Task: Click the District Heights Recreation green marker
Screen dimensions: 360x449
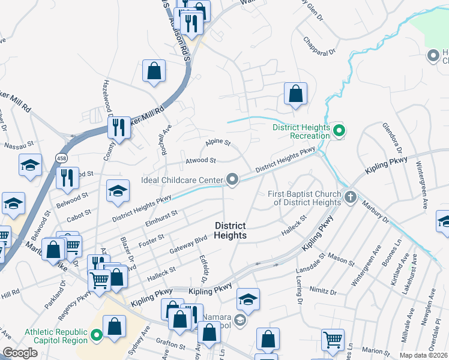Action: tap(339, 130)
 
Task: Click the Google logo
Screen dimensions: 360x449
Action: tap(20, 353)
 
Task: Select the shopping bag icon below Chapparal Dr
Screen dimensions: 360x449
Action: tap(295, 94)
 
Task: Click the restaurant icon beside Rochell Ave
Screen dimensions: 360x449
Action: tap(118, 128)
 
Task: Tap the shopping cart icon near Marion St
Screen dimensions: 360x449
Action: tap(333, 340)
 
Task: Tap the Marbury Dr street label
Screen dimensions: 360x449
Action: tap(376, 213)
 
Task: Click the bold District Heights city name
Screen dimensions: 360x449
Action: tap(231, 230)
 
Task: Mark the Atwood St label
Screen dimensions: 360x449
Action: tap(200, 160)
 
